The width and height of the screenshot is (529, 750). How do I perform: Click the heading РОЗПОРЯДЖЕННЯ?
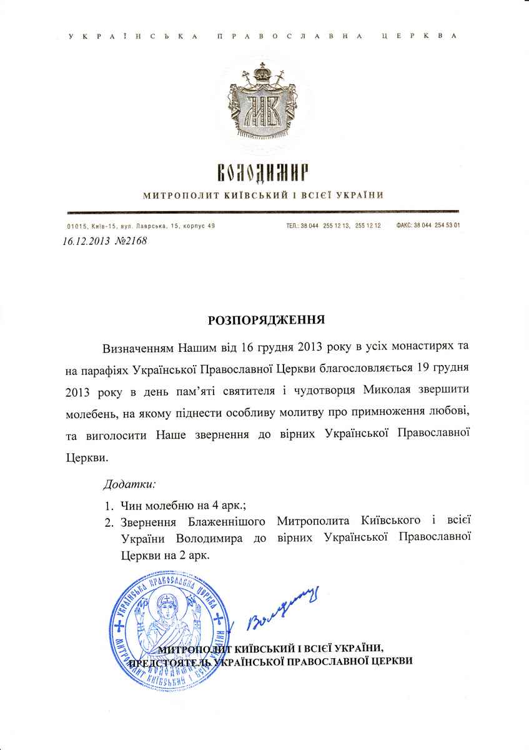(265, 320)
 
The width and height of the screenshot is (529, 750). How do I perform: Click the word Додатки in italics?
(129, 484)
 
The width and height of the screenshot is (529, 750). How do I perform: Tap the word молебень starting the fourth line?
(91, 412)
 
